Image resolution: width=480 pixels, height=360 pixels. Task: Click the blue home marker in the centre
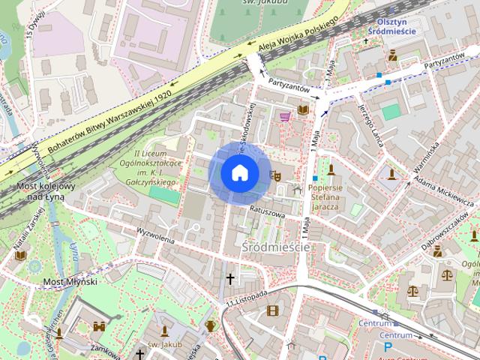(239, 173)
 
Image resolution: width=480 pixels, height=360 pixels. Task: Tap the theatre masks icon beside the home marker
(275, 175)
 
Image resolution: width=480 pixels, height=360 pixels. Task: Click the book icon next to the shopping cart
(302, 110)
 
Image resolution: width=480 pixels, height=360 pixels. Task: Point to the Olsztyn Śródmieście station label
(397, 27)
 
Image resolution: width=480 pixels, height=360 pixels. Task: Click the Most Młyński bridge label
(70, 281)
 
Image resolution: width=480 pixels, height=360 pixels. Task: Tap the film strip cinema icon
(271, 310)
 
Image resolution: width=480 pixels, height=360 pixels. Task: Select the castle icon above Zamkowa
(99, 326)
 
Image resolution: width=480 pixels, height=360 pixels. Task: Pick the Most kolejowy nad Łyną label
(46, 190)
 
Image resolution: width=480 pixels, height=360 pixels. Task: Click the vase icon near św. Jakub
(211, 325)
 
